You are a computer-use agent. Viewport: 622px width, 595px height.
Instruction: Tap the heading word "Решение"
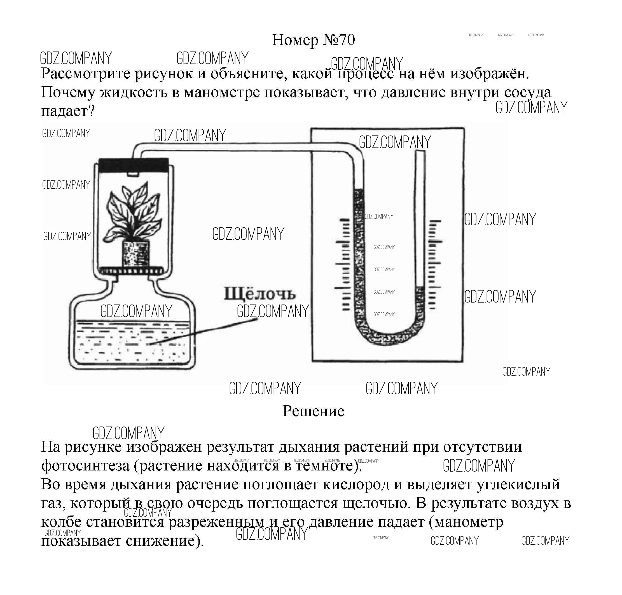313,411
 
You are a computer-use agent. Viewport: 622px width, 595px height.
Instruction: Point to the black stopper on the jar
133,165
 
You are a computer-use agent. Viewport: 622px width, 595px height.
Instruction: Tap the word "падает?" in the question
68,111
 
